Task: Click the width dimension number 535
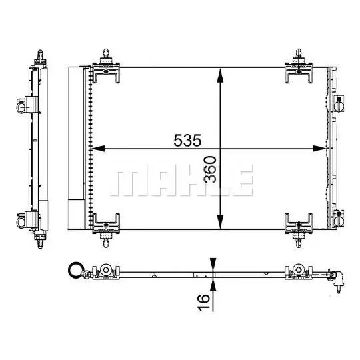point(187,140)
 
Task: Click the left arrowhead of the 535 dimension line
point(95,148)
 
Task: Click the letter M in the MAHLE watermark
point(130,181)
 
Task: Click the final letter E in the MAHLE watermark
point(243,181)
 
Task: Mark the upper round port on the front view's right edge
point(339,103)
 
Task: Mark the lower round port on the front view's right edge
point(339,217)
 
